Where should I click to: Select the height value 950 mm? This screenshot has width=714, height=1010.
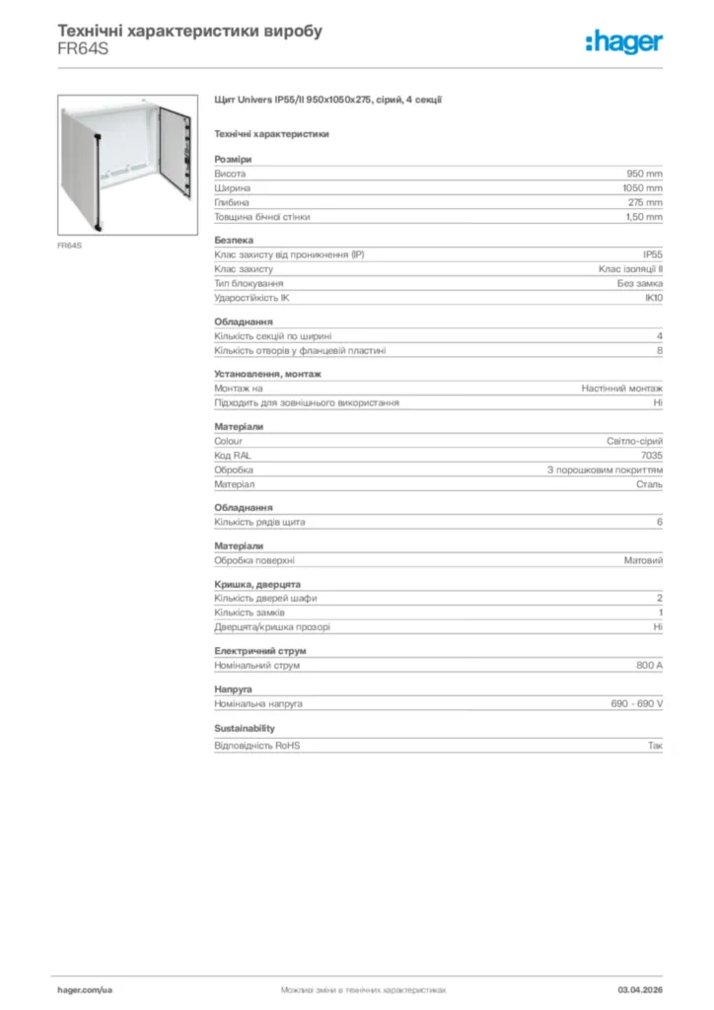645,173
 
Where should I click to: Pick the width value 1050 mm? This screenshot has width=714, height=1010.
642,187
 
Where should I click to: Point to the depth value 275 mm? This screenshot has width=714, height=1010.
645,202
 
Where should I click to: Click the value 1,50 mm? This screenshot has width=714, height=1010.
644,217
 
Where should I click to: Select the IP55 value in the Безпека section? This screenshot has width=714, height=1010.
650,253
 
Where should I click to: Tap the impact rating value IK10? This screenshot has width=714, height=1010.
653,298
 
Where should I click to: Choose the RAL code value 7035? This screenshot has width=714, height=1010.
652,456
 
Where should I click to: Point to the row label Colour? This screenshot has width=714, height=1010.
229,441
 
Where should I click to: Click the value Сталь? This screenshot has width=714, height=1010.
649,485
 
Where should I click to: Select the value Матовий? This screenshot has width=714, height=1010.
643,560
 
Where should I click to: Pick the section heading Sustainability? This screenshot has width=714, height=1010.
245,728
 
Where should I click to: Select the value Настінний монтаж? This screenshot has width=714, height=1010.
621,388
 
